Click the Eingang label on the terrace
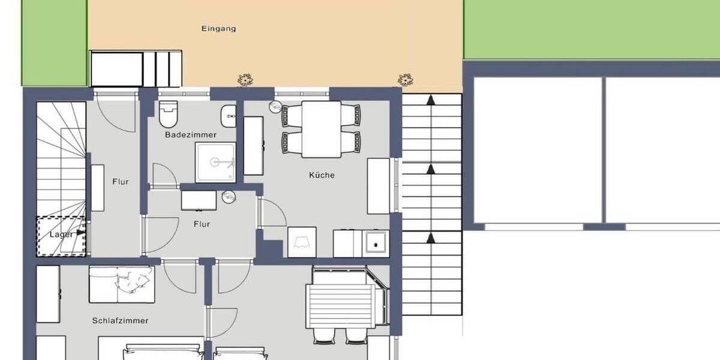(218, 28)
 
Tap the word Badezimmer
(191, 135)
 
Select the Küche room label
(322, 175)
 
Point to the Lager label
(61, 235)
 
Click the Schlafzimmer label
(120, 320)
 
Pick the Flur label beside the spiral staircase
(121, 181)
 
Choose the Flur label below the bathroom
(202, 224)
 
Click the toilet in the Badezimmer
(169, 113)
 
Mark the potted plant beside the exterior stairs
(406, 79)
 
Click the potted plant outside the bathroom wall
(245, 79)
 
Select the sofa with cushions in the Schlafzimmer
(121, 284)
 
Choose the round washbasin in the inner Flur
(228, 197)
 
